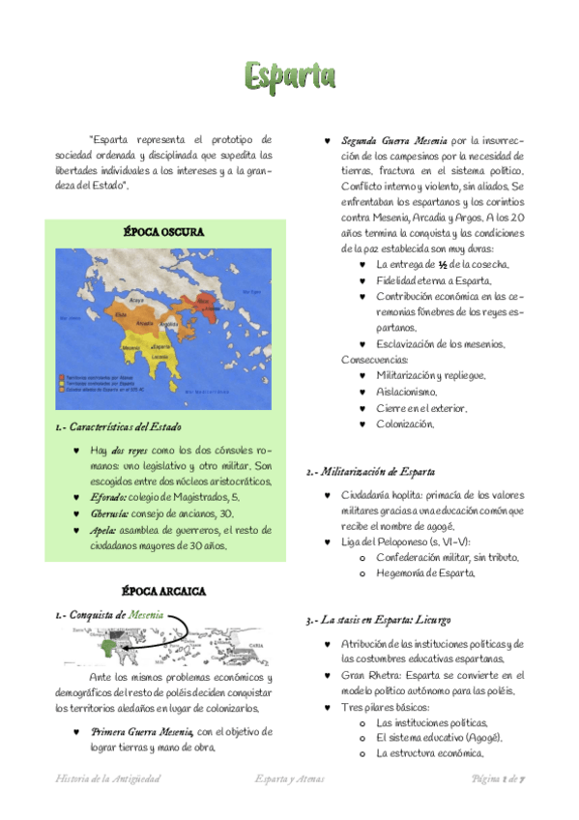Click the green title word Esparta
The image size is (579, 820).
[289, 74]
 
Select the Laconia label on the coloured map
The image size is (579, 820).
[161, 357]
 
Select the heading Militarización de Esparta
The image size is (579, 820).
[377, 472]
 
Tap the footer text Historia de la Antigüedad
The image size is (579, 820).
[108, 778]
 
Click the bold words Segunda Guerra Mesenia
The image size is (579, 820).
[393, 140]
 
